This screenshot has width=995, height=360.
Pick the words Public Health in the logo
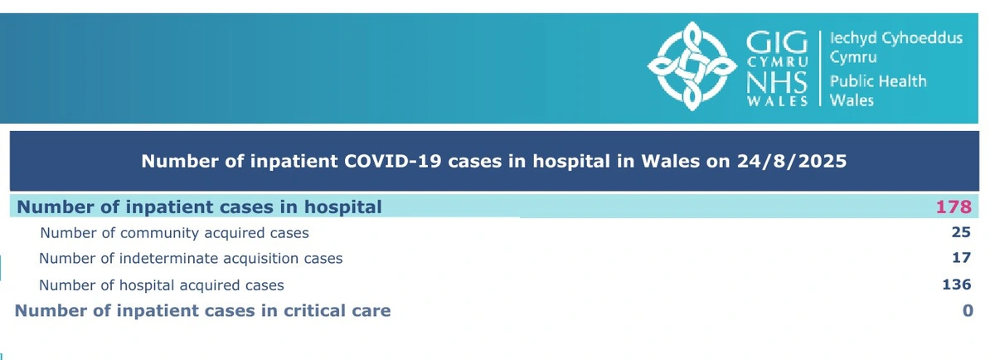[x=878, y=81]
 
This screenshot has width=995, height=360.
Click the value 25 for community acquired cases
[x=961, y=233]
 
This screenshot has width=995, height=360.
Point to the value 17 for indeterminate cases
[x=962, y=259]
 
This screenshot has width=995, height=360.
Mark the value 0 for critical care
[x=966, y=311]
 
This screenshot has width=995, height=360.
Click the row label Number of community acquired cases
[x=174, y=233]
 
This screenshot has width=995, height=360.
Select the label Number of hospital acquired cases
[x=162, y=285]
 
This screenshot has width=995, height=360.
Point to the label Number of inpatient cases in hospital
[x=200, y=207]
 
